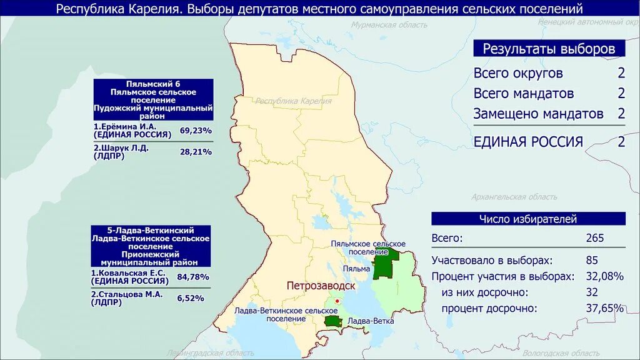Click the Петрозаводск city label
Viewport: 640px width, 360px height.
point(321,286)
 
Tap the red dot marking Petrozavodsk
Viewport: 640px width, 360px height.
point(337,301)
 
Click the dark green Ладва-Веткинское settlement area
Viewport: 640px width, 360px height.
point(332,321)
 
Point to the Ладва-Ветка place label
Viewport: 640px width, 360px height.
point(371,321)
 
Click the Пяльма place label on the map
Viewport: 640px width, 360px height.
point(356,269)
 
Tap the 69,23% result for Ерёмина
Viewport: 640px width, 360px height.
point(196,131)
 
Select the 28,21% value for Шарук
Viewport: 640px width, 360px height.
point(196,151)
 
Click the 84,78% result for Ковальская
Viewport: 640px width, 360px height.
point(194,277)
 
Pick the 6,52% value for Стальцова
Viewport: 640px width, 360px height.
point(191,298)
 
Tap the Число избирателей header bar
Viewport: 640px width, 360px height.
point(528,219)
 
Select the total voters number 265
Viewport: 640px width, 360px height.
point(595,238)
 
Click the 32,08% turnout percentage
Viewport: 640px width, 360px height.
point(604,276)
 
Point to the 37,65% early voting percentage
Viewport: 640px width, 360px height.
point(604,308)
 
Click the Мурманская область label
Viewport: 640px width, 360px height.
point(389,25)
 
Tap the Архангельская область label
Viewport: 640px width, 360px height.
point(514,197)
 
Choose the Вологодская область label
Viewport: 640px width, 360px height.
point(553,353)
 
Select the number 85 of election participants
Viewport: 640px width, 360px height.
point(592,260)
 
